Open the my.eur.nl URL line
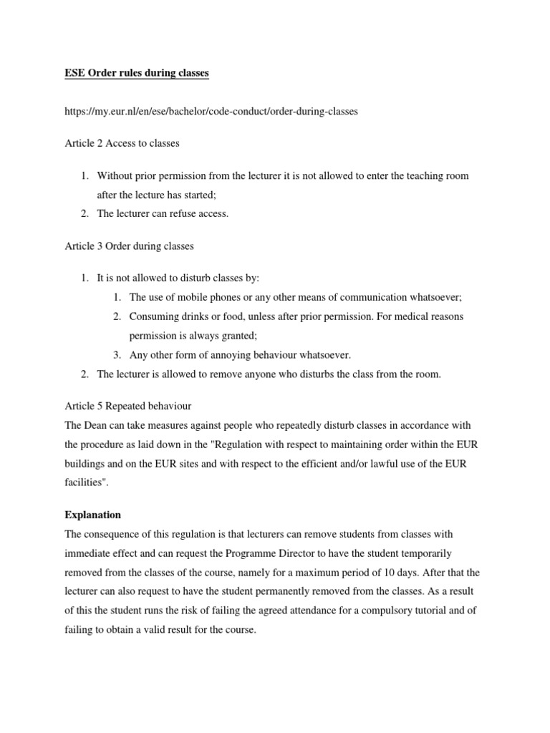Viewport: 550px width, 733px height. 211,111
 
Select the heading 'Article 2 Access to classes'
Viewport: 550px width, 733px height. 122,143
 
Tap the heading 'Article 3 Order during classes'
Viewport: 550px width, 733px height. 129,246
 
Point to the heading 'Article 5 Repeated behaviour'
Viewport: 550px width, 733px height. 127,405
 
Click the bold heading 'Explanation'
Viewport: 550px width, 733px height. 92,515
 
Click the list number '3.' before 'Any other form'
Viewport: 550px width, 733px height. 117,355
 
